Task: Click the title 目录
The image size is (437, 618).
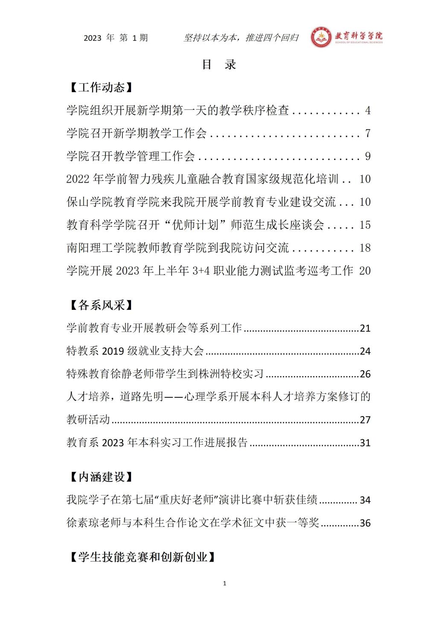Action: pos(218,64)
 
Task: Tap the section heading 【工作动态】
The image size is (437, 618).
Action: pos(99,87)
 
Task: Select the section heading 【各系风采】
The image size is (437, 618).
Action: pos(99,305)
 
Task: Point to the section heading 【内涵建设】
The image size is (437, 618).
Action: pos(99,477)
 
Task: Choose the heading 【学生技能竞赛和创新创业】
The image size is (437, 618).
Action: pos(141,557)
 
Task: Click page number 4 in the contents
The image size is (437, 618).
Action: pos(368,111)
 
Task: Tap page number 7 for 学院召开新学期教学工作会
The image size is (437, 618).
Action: pos(368,134)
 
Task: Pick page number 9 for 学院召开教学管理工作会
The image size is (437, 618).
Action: pos(368,156)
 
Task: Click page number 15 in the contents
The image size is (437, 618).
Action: pos(365,225)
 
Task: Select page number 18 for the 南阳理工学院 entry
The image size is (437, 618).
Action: pos(365,248)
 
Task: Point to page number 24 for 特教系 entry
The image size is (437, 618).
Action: pos(365,351)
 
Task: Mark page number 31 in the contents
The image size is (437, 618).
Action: pos(365,443)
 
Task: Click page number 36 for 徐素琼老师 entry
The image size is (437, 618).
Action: pos(365,523)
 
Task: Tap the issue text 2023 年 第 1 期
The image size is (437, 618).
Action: pos(116,38)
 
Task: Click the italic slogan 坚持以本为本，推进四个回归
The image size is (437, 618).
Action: pos(241,38)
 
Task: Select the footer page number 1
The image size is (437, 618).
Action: pos(224,583)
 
